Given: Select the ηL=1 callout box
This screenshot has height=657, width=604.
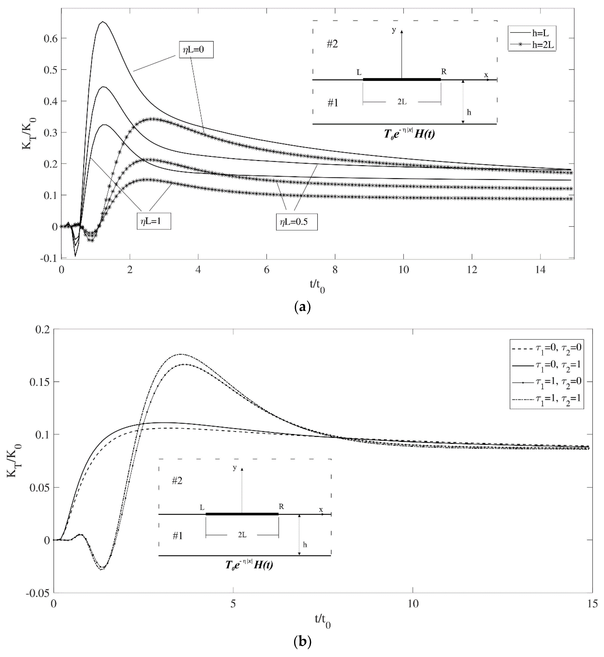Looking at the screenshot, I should (x=154, y=221).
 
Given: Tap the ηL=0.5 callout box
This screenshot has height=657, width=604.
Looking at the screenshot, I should (x=296, y=222).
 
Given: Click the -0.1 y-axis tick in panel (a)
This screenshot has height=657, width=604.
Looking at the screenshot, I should (x=49, y=258).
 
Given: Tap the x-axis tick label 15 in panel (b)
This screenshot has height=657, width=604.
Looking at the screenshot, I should (x=593, y=603).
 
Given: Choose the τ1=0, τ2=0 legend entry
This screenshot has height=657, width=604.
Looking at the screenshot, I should (x=546, y=348).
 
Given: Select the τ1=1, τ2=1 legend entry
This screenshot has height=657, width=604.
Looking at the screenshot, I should (x=546, y=399).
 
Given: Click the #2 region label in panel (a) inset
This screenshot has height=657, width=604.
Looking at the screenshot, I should (x=332, y=44).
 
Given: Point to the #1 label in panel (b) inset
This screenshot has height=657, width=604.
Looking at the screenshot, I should (x=177, y=536).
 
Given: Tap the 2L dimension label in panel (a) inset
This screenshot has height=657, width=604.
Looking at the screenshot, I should (x=402, y=102).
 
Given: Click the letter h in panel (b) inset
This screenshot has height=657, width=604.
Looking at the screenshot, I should (x=305, y=545).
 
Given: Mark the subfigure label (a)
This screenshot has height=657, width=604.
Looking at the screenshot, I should (x=302, y=307).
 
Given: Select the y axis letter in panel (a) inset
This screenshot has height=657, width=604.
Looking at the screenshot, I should (x=394, y=30).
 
